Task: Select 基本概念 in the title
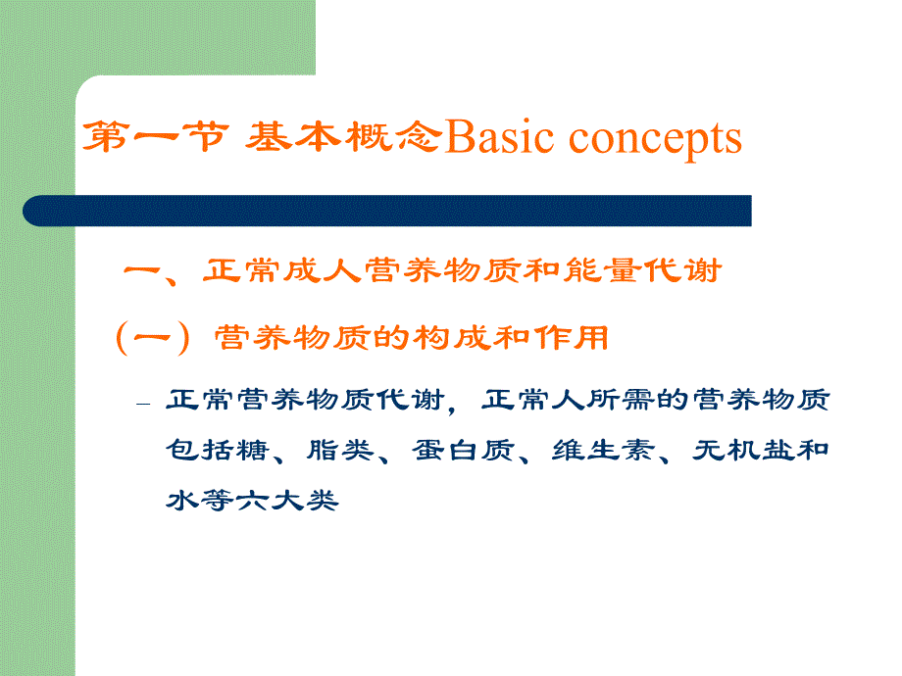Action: coord(339,138)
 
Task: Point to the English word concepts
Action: coord(655,140)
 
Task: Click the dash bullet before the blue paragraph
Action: coord(144,404)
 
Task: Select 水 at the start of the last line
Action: coord(179,501)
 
